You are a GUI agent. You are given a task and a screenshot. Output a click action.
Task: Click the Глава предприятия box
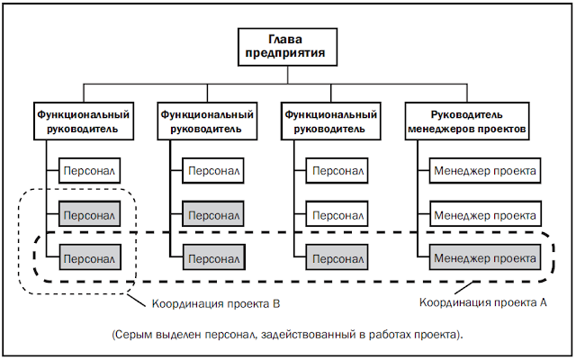click(x=287, y=47)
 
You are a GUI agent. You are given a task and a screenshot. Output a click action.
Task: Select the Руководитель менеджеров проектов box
click(x=467, y=121)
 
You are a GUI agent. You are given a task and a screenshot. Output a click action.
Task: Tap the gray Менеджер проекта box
click(x=485, y=258)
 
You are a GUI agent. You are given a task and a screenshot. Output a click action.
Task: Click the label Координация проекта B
click(x=216, y=304)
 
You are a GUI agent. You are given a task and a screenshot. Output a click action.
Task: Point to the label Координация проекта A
click(x=483, y=302)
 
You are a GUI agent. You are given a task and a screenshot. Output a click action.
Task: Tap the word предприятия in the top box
click(x=285, y=53)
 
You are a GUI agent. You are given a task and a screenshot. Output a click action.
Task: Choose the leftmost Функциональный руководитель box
click(x=84, y=121)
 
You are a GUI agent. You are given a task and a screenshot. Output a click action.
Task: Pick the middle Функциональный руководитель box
click(x=207, y=121)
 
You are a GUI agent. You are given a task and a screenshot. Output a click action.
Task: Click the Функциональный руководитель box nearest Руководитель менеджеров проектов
click(x=330, y=121)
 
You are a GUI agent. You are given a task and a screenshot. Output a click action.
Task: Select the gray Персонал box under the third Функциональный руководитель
click(x=337, y=258)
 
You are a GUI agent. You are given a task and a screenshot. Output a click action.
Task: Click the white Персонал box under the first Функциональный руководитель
click(x=89, y=171)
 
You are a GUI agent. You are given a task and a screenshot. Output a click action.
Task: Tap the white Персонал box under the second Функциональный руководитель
click(x=213, y=171)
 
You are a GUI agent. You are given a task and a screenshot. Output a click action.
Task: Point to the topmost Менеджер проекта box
click(x=485, y=171)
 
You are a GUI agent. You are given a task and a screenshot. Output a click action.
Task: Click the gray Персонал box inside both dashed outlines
click(x=90, y=258)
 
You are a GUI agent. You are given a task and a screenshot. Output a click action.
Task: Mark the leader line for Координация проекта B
click(x=136, y=299)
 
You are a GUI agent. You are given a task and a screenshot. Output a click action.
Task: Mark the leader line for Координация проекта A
click(x=463, y=288)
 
